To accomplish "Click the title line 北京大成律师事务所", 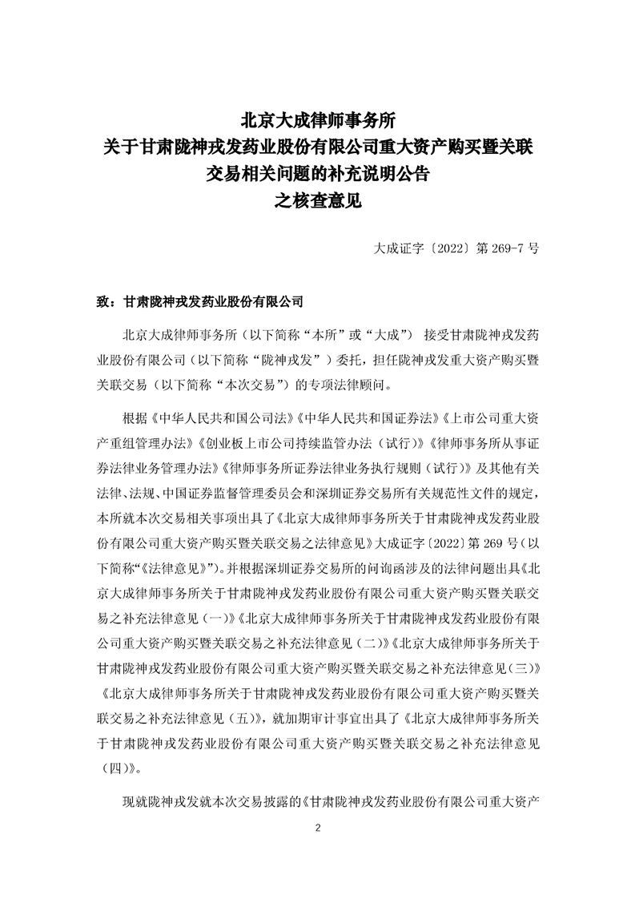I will [318, 122].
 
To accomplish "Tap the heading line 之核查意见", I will [318, 201].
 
